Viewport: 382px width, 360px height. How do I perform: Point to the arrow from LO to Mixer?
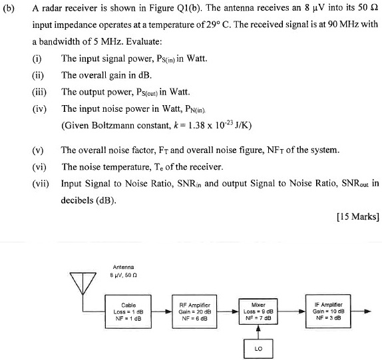coord(258,331)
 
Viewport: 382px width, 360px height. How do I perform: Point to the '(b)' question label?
coord(10,9)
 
